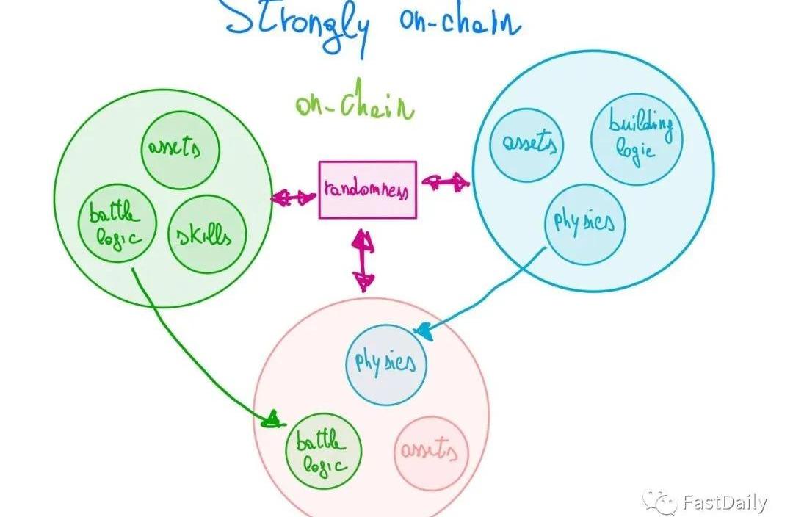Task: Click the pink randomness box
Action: tap(367, 189)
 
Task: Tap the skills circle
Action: tap(206, 235)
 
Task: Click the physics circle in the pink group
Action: tap(385, 363)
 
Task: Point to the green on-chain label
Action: tap(354, 107)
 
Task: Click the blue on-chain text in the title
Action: tap(458, 22)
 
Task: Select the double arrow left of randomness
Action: tap(293, 197)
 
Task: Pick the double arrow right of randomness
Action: tap(445, 181)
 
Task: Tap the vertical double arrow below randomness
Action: tap(363, 261)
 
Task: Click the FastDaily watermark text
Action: tap(723, 503)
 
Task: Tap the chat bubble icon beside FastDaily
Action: tap(659, 502)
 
